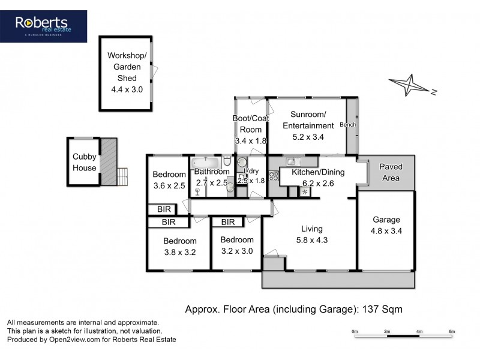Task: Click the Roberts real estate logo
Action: coord(43,26)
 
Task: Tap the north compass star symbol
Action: coord(409,85)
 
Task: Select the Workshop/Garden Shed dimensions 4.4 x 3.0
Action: coord(127,89)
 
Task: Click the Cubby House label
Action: coord(85,162)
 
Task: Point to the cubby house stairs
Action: coord(122,176)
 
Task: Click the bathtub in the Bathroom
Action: coord(205,162)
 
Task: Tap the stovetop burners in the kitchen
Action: coord(274,176)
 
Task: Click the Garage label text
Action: coord(386,220)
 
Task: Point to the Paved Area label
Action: coord(391,172)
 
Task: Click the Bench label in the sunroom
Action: coord(348,125)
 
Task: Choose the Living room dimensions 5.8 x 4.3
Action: coord(311,240)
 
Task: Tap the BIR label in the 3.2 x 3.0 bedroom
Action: coord(228,222)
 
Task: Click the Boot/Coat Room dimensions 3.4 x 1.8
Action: coord(251,141)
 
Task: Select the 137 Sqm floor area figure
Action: coord(382,309)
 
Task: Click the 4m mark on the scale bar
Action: coord(419,332)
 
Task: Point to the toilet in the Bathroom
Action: coord(227,161)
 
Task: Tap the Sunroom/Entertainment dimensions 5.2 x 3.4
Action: coord(308,137)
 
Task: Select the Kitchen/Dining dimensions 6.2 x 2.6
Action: coord(318,184)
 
